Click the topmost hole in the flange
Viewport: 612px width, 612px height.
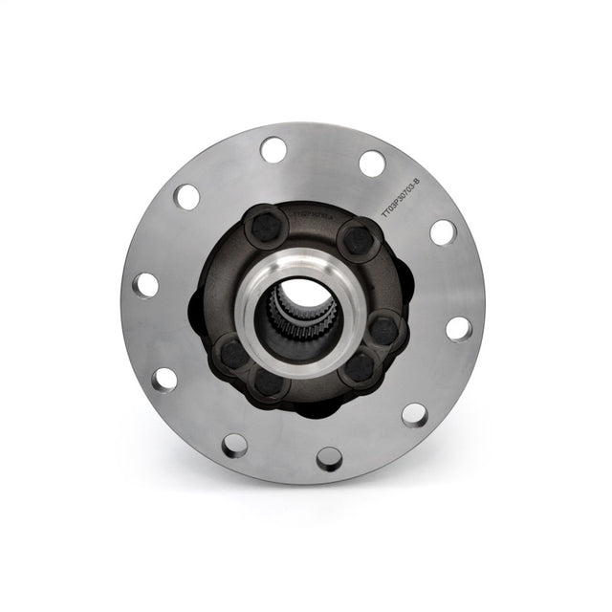273,149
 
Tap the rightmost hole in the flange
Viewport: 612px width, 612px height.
458,328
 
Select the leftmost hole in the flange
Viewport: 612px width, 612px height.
145,284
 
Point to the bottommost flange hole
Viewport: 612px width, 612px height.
329,458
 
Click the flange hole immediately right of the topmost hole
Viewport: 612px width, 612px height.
372,163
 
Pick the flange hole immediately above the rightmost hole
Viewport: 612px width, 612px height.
443,232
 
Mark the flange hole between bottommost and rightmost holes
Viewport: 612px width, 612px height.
414,414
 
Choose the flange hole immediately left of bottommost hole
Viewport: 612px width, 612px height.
234,445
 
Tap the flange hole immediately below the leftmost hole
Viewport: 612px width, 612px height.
164,378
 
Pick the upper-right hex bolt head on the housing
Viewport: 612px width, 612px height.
359,237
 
